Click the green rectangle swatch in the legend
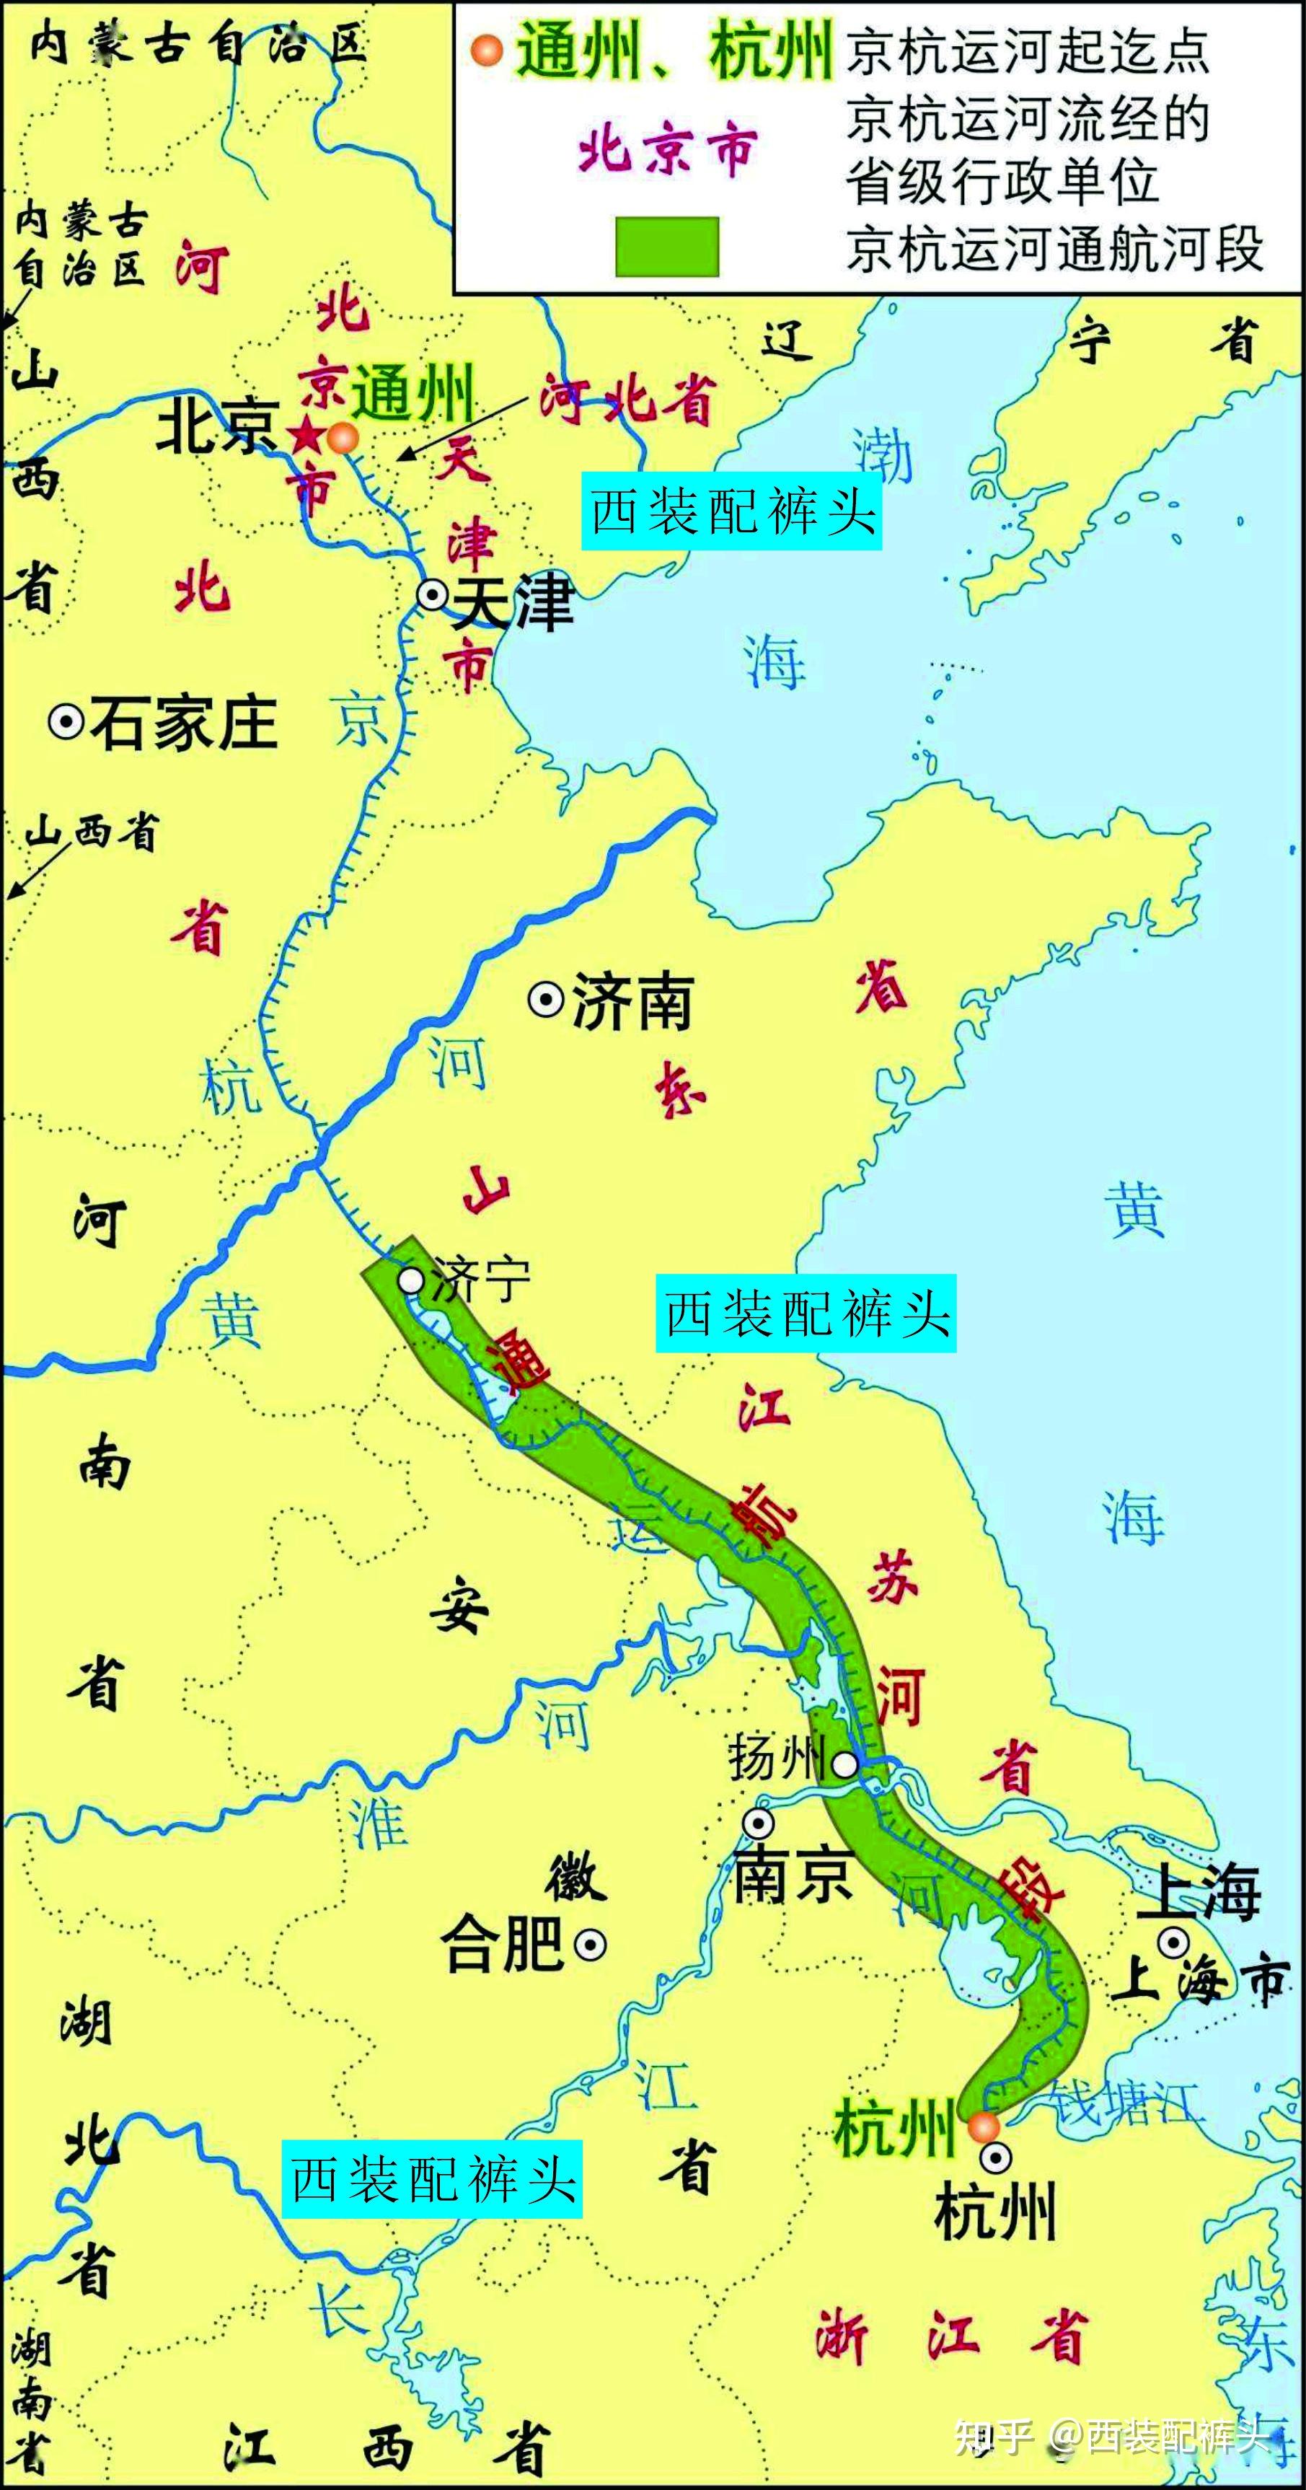pos(667,247)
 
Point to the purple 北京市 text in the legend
pos(667,151)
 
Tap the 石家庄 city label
pos(185,723)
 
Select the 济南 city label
pos(633,1003)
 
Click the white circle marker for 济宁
pos(412,1281)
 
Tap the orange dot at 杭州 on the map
pos(983,2126)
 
